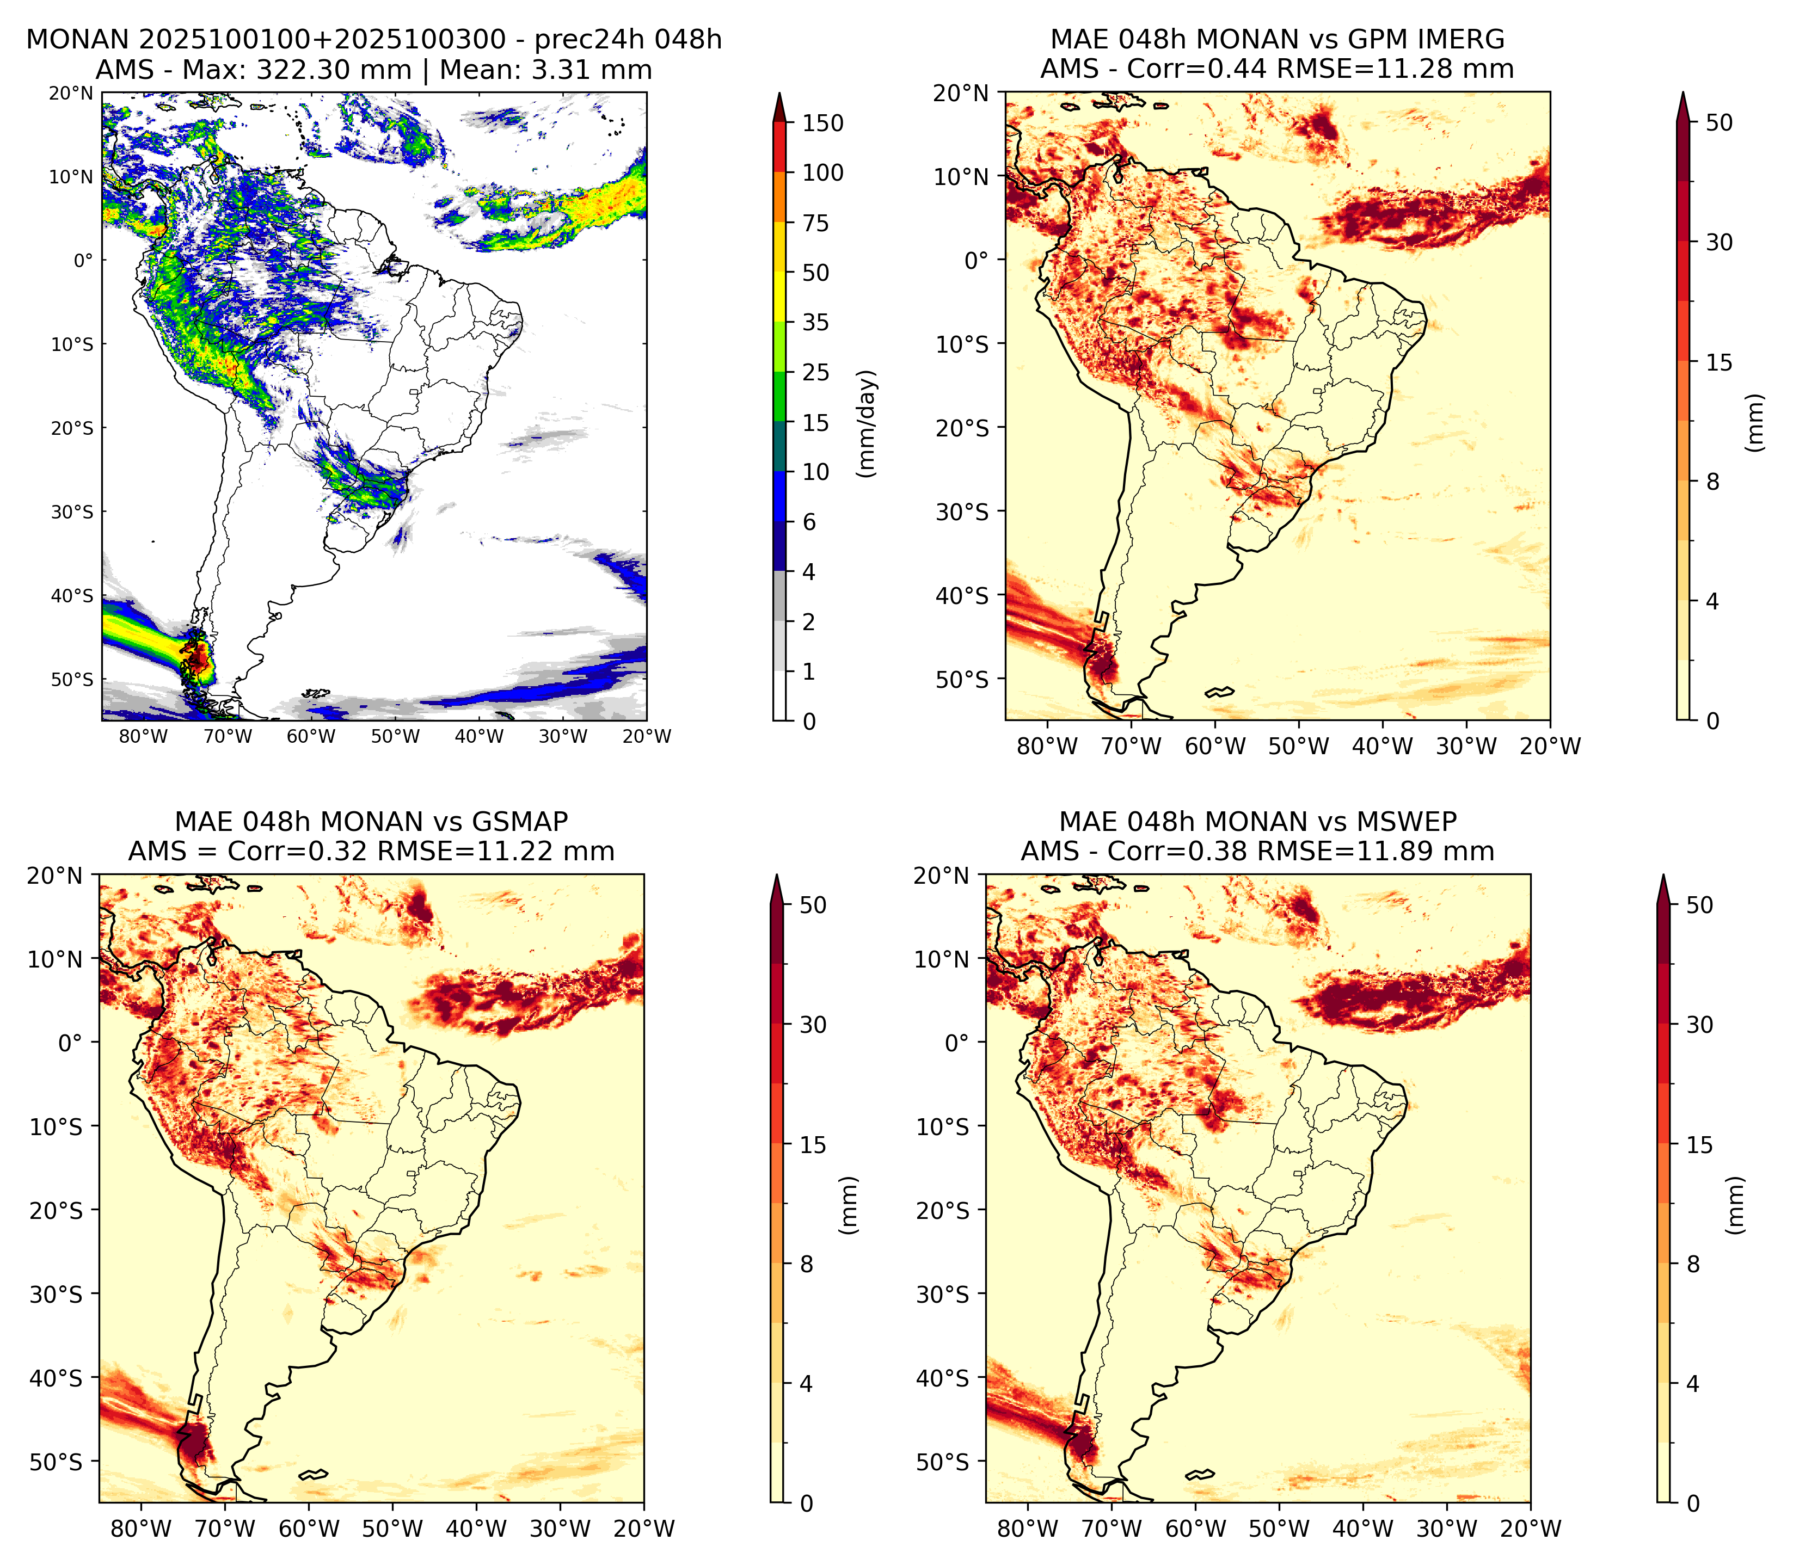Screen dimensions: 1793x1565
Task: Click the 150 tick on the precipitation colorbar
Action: pyautogui.click(x=822, y=123)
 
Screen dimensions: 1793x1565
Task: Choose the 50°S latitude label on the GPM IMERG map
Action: pyautogui.click(x=962, y=680)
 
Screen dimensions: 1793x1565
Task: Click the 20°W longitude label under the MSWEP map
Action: pyautogui.click(x=1531, y=1529)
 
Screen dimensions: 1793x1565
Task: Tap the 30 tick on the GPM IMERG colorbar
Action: pyautogui.click(x=1719, y=242)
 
